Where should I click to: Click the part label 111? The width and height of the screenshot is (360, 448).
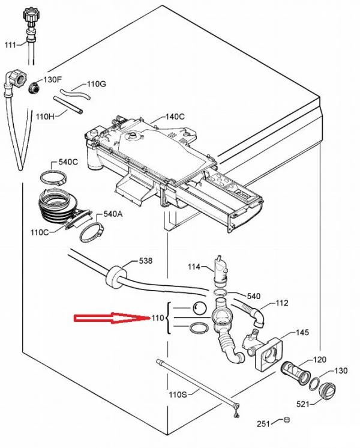point(10,45)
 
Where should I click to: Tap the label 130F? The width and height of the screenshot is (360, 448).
point(52,79)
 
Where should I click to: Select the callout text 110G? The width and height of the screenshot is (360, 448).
point(97,83)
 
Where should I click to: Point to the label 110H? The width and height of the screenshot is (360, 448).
point(45,117)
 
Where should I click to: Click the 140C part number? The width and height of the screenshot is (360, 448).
point(175,117)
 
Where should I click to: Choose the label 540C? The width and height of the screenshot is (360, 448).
point(68,162)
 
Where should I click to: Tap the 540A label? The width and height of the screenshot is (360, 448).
point(113,214)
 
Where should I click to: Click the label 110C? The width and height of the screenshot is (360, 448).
point(40,232)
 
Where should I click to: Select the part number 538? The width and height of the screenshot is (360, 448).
point(146,261)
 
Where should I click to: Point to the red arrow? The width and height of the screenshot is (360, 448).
point(112,318)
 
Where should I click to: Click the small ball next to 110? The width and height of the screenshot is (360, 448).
point(199,308)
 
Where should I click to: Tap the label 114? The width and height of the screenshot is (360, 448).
point(194,267)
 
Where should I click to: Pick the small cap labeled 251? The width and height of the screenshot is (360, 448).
point(286,420)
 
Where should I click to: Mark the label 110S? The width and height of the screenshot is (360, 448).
point(178,395)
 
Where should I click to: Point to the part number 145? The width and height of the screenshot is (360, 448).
point(302,332)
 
